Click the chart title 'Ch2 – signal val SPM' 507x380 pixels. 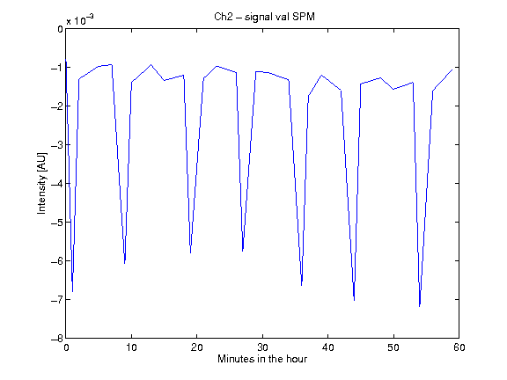264,17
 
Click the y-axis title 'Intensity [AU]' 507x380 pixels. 42,183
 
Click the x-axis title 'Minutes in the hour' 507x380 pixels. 262,359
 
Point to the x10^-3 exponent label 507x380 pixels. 80,20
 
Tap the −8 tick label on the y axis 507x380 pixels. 57,339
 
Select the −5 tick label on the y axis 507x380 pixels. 57,223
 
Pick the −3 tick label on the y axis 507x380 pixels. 57,145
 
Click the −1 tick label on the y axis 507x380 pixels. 57,68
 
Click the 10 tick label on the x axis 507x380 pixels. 131,347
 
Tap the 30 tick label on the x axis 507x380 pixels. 262,347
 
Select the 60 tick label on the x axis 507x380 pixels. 459,347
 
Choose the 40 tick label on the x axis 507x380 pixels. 327,347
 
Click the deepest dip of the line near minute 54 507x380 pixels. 419,306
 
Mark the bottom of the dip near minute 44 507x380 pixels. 354,300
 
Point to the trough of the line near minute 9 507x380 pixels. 124,263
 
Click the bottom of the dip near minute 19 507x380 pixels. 190,252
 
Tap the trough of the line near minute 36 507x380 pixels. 301,285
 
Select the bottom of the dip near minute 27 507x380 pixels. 243,251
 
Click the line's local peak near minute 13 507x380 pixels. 151,64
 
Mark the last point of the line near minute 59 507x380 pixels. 452,69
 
